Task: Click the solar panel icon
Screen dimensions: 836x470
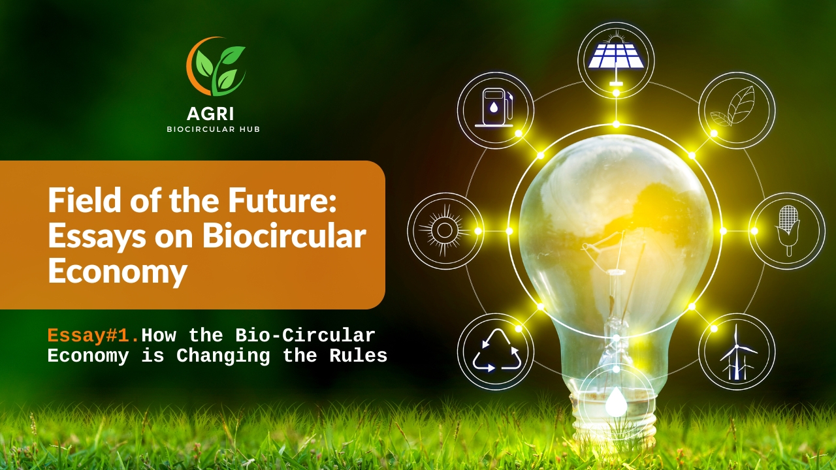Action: (616, 59)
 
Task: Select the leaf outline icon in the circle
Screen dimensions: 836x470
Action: (733, 106)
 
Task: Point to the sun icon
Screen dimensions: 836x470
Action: (444, 230)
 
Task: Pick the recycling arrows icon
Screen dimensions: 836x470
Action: (497, 351)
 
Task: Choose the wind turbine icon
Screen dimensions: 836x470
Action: (737, 352)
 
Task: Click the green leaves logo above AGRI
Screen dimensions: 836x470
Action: (216, 67)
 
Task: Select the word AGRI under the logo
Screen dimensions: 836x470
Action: (210, 114)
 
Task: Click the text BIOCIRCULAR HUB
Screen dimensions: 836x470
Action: (213, 129)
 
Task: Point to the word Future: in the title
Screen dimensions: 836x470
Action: (283, 200)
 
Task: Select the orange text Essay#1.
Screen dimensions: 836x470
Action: (93, 336)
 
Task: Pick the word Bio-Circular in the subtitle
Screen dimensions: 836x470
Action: (305, 336)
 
